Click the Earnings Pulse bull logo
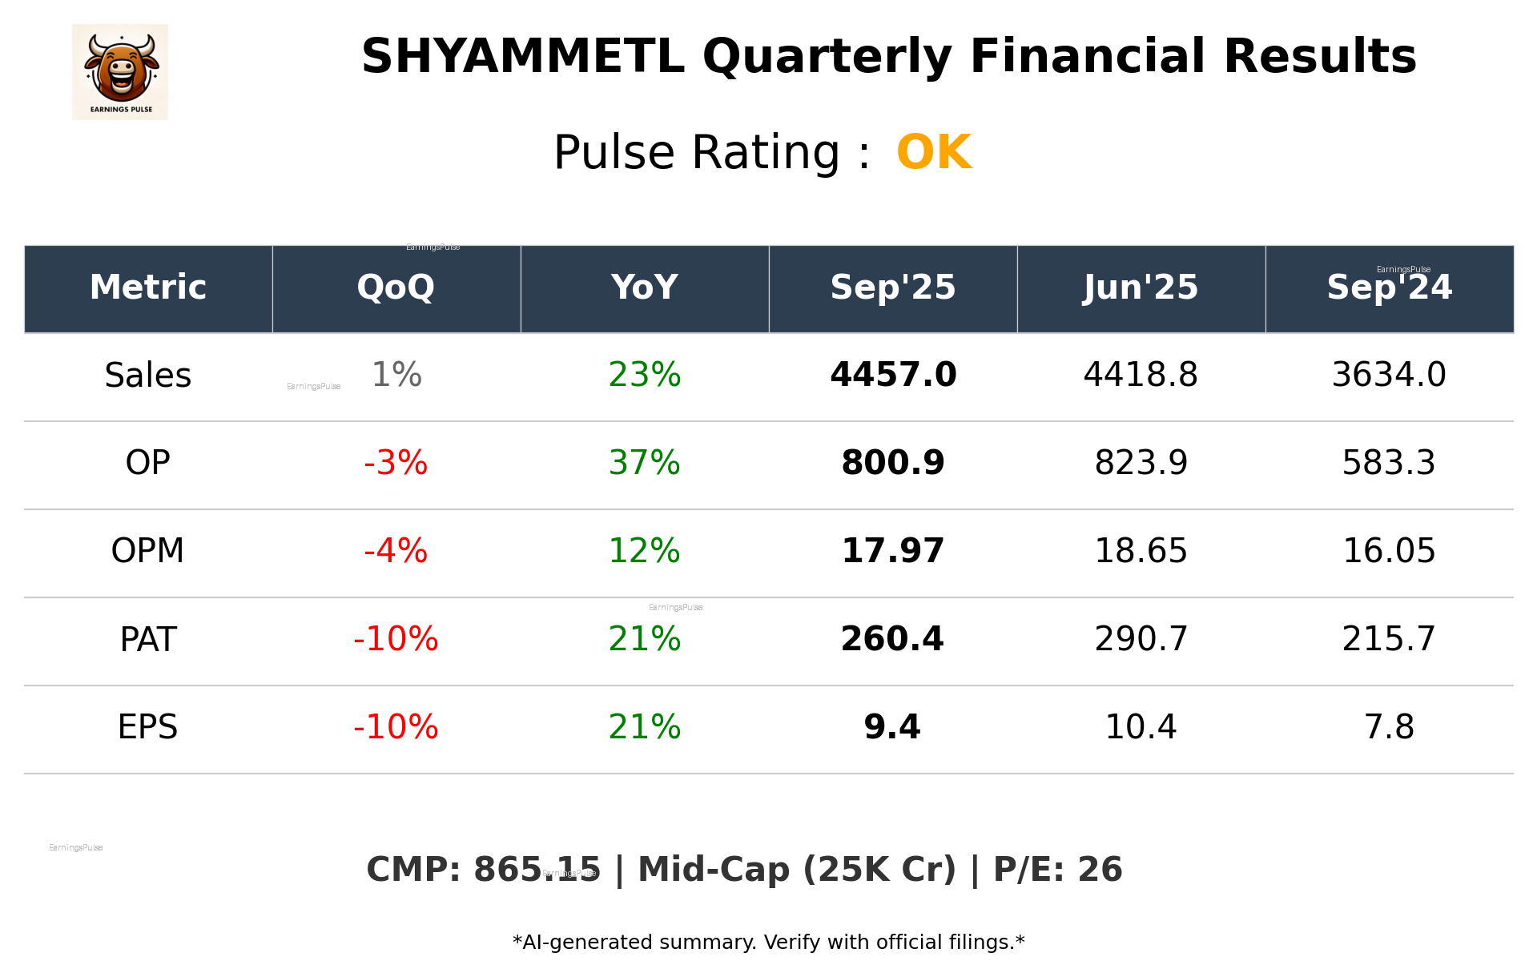120,71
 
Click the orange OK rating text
934,152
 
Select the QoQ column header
396,287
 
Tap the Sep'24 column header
1389,287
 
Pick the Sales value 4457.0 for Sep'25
893,375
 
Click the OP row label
148,463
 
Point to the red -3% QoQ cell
396,463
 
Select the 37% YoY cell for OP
644,463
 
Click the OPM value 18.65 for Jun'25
1141,551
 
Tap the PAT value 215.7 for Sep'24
1389,639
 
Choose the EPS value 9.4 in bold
892,727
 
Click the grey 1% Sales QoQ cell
396,375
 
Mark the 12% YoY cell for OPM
644,551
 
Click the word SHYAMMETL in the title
522,57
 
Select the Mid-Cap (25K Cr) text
797,870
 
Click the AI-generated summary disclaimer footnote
768,943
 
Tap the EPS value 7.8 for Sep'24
1389,727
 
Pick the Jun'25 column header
1141,287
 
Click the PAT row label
148,639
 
